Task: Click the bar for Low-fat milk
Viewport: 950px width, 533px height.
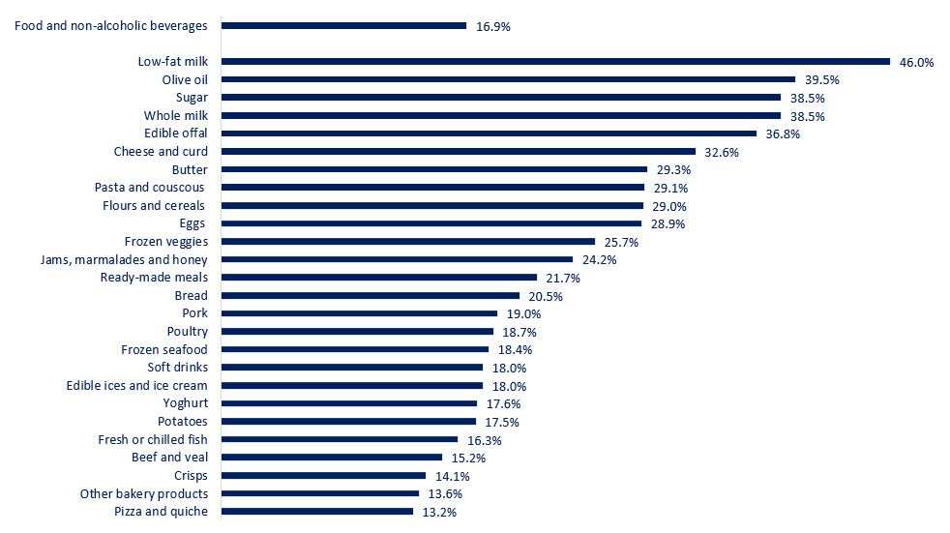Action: click(555, 62)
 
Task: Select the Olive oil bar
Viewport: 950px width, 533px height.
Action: click(508, 79)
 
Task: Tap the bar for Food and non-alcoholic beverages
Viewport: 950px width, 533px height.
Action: click(343, 26)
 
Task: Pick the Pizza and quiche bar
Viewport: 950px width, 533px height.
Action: click(317, 512)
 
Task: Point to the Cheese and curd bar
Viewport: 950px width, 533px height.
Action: click(459, 152)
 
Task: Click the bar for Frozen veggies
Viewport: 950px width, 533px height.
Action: click(408, 242)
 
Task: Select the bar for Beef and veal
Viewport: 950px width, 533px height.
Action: click(332, 458)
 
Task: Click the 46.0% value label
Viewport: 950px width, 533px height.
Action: click(916, 62)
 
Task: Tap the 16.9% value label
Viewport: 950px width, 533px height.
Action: click(493, 26)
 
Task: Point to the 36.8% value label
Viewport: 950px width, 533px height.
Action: click(783, 133)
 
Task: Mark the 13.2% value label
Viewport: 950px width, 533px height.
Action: click(439, 512)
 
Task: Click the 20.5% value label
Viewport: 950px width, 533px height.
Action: click(546, 296)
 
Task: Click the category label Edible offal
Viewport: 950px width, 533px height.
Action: click(176, 133)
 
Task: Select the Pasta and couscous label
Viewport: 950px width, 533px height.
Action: click(151, 188)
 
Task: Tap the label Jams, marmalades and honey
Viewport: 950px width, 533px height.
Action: click(124, 260)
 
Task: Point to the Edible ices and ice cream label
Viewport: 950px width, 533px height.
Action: click(136, 386)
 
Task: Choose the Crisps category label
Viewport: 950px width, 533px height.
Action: click(191, 476)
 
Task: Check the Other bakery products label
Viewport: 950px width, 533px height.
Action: click(143, 493)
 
